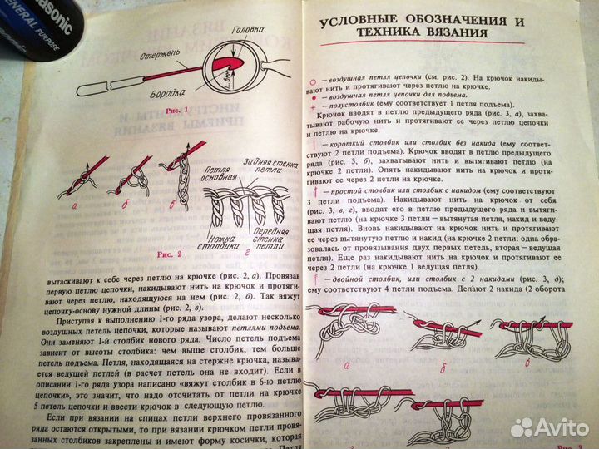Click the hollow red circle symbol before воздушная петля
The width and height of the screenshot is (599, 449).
click(x=314, y=72)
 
